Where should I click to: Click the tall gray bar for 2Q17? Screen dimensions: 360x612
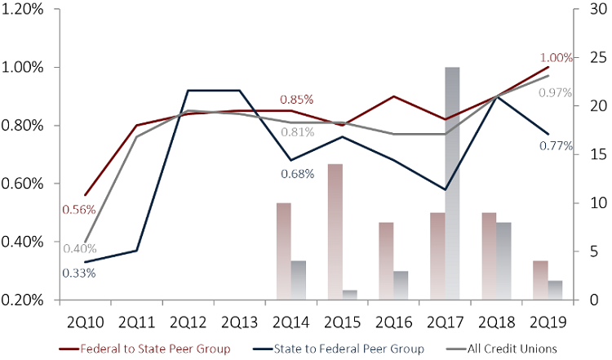click(452, 184)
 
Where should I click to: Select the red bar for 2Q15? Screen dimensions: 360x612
click(335, 232)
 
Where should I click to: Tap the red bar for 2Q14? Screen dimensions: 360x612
click(283, 251)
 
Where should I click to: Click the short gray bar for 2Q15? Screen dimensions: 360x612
click(349, 295)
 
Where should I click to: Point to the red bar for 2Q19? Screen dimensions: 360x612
click(540, 280)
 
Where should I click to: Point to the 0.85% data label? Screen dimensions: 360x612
click(296, 100)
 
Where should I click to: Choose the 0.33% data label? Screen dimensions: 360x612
click(78, 273)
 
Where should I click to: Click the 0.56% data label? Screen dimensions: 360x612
click(78, 209)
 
